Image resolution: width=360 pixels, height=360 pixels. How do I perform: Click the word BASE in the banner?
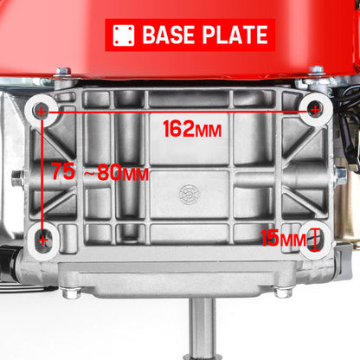(x=169, y=35)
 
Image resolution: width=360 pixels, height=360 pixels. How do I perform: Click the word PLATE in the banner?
(x=235, y=35)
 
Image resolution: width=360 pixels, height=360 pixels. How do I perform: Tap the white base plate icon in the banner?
(x=124, y=35)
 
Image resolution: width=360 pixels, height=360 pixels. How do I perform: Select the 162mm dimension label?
(x=192, y=129)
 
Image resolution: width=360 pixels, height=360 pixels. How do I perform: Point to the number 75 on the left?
(x=63, y=171)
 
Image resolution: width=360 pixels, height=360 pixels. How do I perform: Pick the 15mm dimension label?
(x=283, y=238)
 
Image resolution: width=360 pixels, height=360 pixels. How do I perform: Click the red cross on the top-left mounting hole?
(x=42, y=112)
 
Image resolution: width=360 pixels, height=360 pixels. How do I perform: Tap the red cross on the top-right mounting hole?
(x=315, y=110)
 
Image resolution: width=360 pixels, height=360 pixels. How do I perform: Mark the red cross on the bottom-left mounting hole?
(x=43, y=240)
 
